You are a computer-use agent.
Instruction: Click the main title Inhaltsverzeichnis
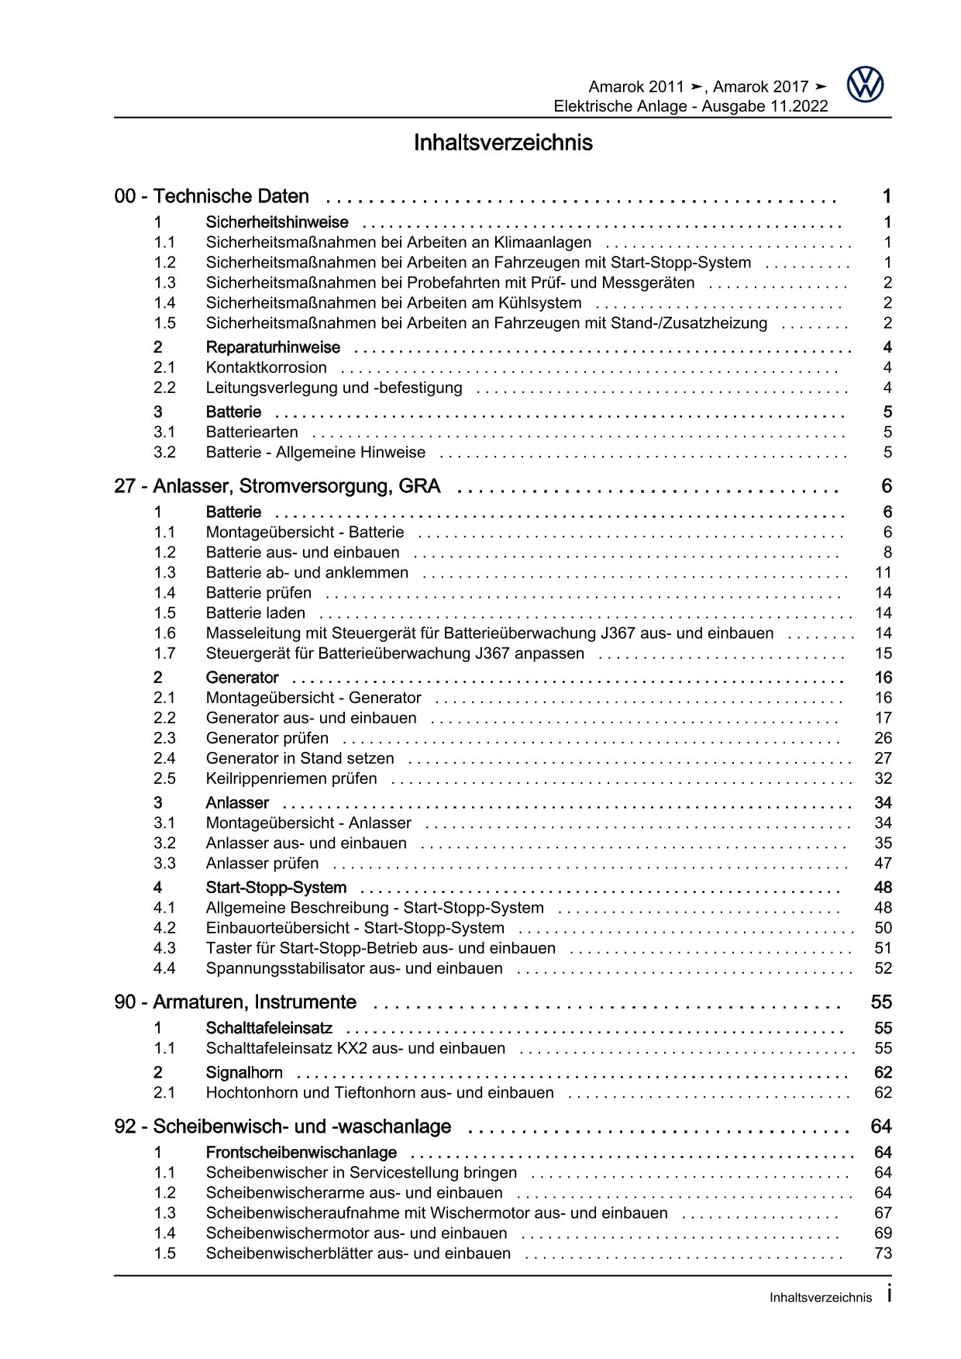[503, 143]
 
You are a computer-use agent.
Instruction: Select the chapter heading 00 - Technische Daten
[212, 196]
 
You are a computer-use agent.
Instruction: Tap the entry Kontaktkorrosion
[266, 367]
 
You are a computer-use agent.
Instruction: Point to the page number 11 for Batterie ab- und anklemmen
[883, 573]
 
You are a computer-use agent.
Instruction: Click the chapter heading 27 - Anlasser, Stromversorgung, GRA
[277, 486]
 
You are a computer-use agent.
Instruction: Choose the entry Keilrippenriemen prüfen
[291, 778]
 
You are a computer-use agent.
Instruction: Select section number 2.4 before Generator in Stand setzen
[164, 758]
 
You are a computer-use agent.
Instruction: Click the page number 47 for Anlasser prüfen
[883, 863]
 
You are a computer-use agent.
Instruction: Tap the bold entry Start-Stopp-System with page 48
[276, 888]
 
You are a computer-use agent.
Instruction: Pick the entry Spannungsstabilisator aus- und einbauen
[354, 968]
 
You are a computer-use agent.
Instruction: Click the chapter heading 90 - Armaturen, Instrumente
[236, 1002]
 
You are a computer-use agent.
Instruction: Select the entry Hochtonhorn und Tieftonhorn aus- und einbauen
[380, 1092]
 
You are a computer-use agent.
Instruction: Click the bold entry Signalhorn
[244, 1073]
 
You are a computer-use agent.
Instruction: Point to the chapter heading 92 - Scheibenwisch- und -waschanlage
[283, 1126]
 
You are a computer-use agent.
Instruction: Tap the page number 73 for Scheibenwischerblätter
[883, 1253]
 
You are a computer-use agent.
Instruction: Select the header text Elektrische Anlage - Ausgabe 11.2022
[690, 106]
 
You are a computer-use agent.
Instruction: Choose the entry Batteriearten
[252, 432]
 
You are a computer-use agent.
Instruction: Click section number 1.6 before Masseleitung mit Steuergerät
[164, 633]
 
